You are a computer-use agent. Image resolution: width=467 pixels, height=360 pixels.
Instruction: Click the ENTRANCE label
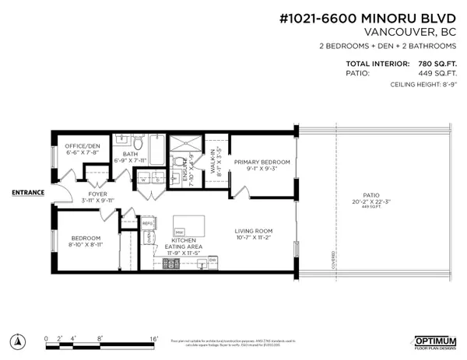click(x=28, y=192)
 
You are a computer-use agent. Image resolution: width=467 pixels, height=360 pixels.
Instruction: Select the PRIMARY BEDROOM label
click(x=262, y=162)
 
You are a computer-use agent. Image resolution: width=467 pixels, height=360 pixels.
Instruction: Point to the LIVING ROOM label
click(x=255, y=231)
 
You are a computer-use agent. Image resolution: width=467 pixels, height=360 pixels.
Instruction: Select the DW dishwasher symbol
click(x=212, y=271)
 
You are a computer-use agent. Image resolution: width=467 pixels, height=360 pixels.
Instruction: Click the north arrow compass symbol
click(x=16, y=341)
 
